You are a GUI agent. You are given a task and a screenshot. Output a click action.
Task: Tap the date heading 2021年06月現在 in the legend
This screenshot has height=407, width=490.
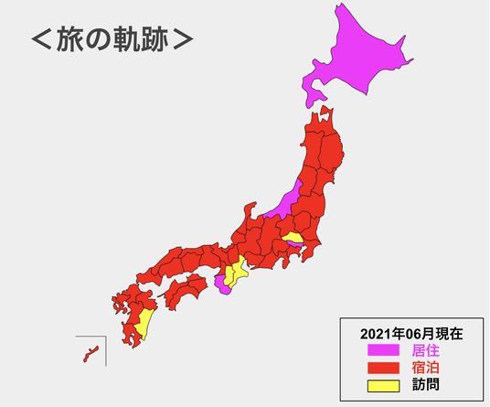411,333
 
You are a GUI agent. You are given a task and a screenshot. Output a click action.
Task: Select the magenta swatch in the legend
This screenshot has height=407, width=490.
383,349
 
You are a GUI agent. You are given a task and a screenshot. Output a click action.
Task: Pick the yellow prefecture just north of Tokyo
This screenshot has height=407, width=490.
293,238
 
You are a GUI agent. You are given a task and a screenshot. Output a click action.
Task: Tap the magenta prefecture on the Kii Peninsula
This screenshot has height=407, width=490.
222,284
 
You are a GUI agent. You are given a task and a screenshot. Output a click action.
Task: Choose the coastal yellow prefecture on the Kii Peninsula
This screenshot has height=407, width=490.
240,268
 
